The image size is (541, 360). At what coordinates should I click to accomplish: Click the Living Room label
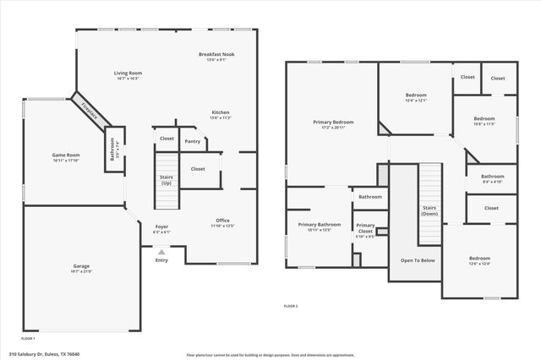[128, 74]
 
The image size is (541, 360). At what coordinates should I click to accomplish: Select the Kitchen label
[220, 112]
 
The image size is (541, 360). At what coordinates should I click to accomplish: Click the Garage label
[81, 266]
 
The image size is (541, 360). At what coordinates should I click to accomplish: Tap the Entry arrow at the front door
[161, 251]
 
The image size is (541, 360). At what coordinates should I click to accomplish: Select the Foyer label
[161, 226]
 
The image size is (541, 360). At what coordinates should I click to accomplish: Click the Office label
[222, 221]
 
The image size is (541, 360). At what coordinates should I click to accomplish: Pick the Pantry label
[193, 141]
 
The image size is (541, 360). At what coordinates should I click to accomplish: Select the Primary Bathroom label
[319, 224]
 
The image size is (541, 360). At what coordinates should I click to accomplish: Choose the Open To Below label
[418, 260]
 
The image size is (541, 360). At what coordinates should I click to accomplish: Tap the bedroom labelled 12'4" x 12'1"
[414, 96]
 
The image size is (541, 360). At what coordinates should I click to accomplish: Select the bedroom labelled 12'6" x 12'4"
[478, 259]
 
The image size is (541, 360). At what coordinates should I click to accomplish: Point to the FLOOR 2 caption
[290, 305]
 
